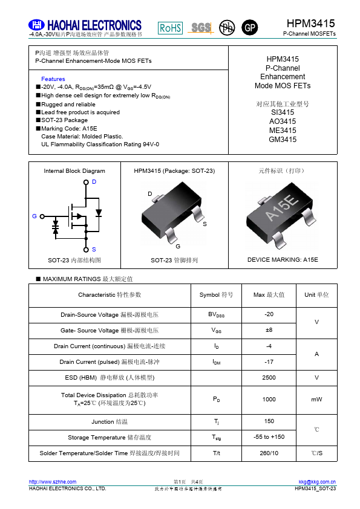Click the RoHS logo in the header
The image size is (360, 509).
170,28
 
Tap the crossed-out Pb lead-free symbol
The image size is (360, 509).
226,28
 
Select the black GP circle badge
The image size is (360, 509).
249,28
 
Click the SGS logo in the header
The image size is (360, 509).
201,28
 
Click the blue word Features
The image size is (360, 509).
53,79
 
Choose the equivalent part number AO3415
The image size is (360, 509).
283,122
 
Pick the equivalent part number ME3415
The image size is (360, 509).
283,131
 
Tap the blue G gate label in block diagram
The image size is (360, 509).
34,216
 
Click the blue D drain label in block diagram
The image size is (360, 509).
94,182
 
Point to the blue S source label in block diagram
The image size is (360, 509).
94,249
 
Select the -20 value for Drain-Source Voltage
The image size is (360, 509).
269,314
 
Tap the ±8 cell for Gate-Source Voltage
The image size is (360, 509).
269,330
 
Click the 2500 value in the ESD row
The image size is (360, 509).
269,377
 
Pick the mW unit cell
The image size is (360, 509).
316,399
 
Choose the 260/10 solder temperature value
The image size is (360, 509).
269,453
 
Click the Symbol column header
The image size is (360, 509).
216,295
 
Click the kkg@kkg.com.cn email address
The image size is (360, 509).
317,482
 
